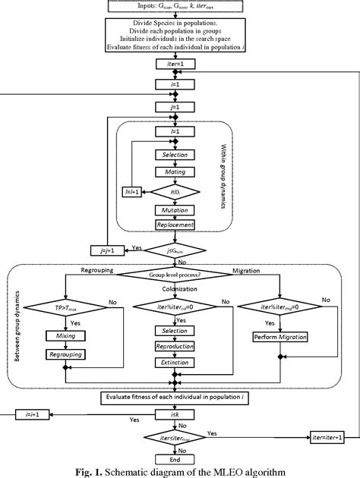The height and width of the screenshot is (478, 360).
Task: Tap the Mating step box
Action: pyautogui.click(x=176, y=171)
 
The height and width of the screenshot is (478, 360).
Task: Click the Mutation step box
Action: pyautogui.click(x=176, y=209)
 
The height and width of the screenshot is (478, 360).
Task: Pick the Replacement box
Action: pyautogui.click(x=176, y=225)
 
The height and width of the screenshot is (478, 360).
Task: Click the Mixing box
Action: pyautogui.click(x=66, y=335)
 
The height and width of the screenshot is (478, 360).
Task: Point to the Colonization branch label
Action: pyautogui.click(x=176, y=289)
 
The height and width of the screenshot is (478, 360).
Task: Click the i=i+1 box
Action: pyautogui.click(x=24, y=414)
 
